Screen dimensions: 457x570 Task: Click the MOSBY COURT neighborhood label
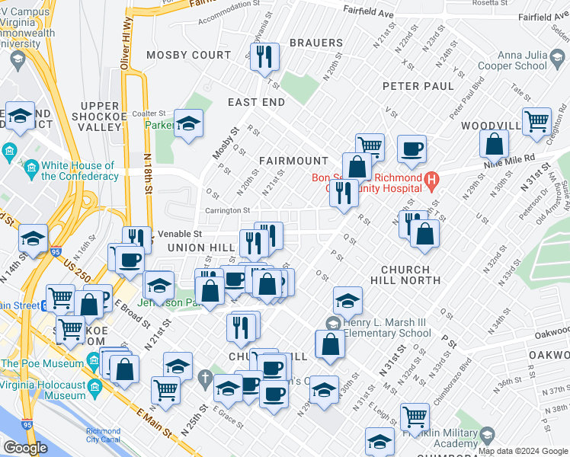[188, 55]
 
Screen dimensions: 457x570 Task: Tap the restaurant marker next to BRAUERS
[264, 57]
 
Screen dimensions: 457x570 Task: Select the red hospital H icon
[431, 182]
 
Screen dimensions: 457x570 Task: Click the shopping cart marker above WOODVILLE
[537, 120]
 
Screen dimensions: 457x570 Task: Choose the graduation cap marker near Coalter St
[187, 123]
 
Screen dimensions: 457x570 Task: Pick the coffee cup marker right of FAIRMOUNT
[411, 149]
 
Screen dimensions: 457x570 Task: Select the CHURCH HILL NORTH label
[410, 275]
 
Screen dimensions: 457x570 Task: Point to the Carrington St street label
[226, 210]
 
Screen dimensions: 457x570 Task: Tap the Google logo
[25, 448]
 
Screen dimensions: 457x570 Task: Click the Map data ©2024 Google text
[523, 451]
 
